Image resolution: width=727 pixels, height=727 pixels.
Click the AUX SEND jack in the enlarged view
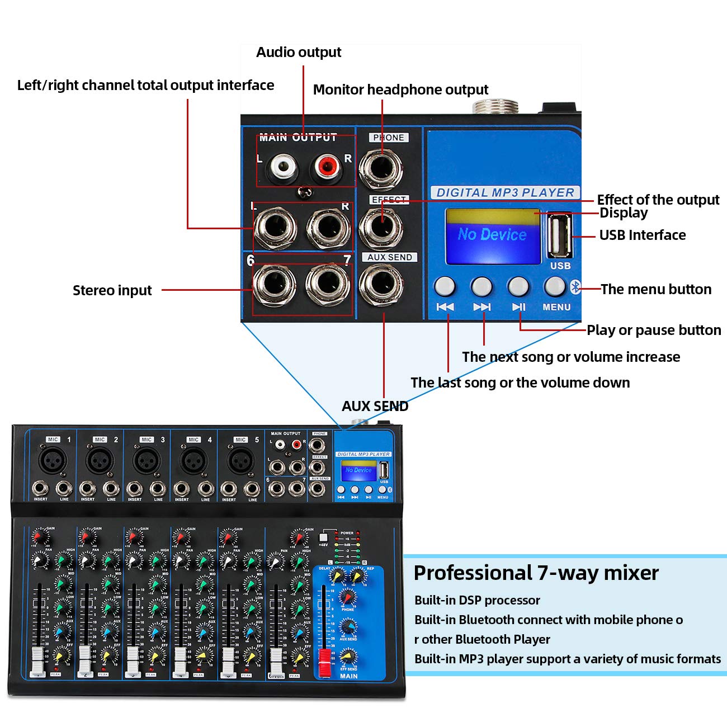coord(381,285)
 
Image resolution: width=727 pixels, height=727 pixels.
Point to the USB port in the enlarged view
coord(559,236)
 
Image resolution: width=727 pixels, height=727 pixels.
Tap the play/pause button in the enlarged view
coord(518,286)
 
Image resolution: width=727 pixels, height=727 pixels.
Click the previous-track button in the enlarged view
coord(445,286)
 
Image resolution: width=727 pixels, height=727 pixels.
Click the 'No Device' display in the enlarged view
coord(492,235)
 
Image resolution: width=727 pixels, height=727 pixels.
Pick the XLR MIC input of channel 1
coord(53,461)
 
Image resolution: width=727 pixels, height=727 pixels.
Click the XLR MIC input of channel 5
coord(240,461)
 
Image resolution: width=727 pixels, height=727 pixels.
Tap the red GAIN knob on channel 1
coord(37,537)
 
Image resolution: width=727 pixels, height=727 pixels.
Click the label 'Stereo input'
coord(112,290)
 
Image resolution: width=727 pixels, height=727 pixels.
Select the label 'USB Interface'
coord(642,235)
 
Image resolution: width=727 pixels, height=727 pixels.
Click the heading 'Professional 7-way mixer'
coord(536,573)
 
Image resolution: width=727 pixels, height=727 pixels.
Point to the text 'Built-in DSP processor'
coord(477,600)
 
